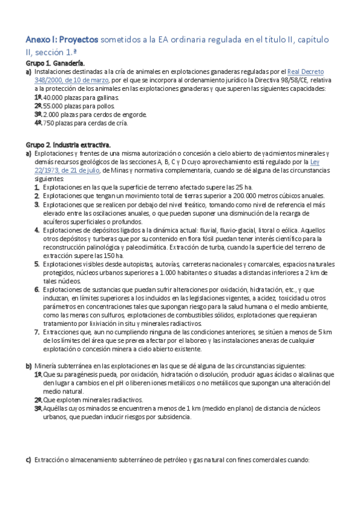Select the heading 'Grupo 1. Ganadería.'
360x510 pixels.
[55, 63]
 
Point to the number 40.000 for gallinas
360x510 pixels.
[55, 97]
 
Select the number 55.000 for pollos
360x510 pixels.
[55, 105]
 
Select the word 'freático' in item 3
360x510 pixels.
[207, 205]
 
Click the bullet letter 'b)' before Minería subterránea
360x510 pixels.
[28, 366]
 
